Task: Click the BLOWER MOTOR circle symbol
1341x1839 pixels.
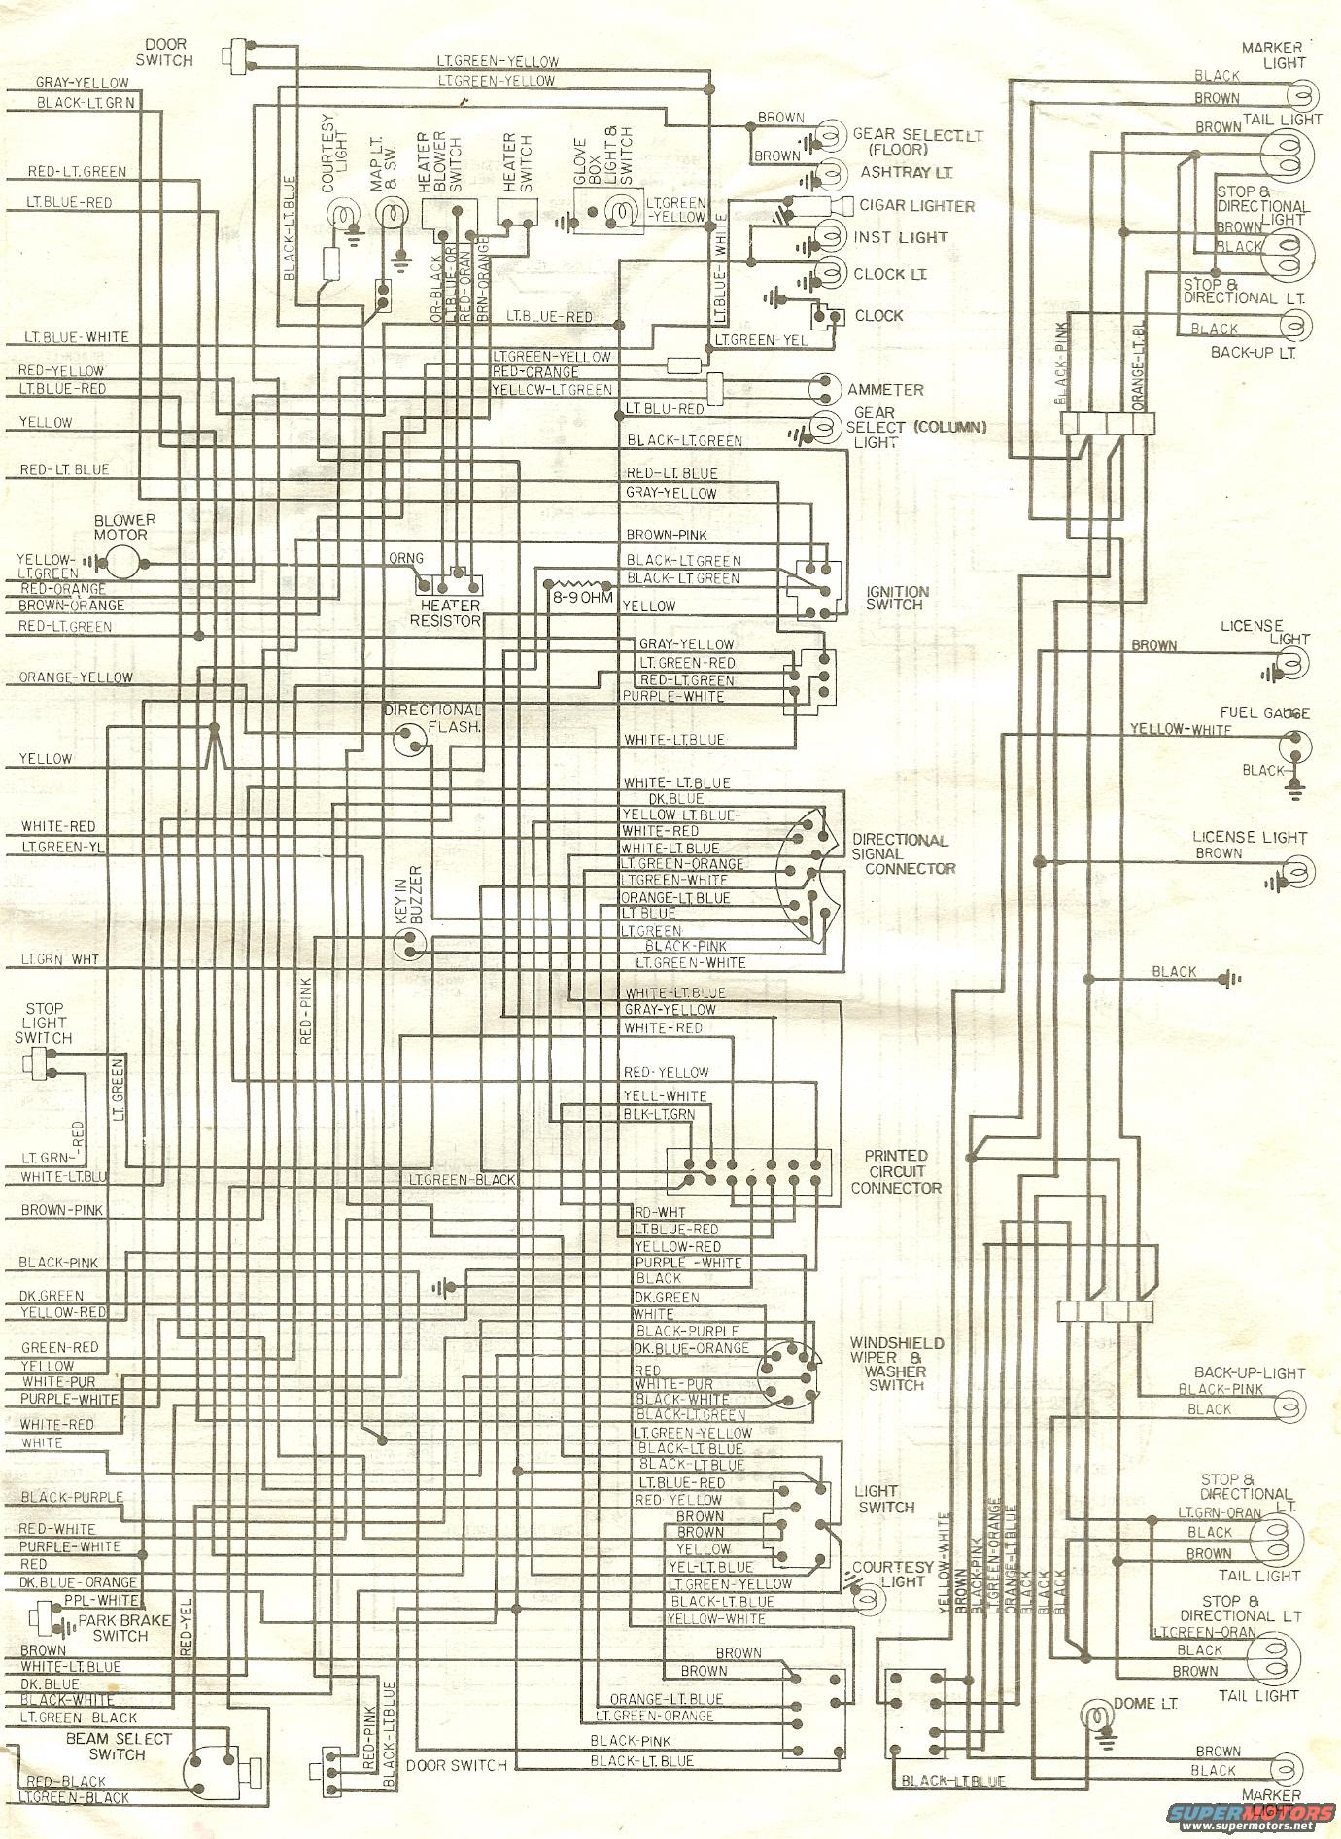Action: click(122, 561)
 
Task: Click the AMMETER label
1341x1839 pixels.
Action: click(884, 389)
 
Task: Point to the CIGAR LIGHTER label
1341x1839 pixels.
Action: click(916, 206)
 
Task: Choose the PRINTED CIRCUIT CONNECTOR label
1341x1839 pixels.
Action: click(903, 1171)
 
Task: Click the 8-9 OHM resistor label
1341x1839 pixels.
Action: click(583, 597)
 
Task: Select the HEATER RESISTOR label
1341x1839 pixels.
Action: click(447, 612)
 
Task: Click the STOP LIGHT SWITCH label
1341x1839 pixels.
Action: click(44, 1023)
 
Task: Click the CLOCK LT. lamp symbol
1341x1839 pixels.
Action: click(829, 274)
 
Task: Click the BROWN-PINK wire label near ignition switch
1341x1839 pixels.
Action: click(666, 536)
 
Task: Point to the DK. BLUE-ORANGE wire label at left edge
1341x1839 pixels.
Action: click(78, 1582)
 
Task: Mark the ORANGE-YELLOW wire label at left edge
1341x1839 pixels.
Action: click(76, 677)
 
